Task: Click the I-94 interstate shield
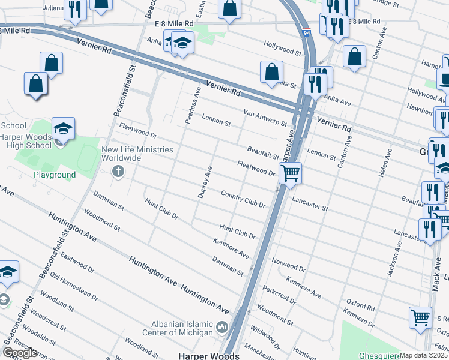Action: [306, 34]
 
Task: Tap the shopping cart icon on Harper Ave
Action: [291, 173]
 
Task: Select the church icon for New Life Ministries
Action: [118, 172]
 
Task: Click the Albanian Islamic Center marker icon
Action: [222, 328]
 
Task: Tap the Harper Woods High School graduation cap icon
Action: [63, 129]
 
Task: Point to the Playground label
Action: [55, 175]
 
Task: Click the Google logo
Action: [20, 353]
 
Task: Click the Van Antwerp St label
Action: [265, 117]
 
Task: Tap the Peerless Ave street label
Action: [193, 106]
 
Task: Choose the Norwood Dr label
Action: [289, 265]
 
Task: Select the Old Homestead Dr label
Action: [74, 286]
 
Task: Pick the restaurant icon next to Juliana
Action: [75, 9]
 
